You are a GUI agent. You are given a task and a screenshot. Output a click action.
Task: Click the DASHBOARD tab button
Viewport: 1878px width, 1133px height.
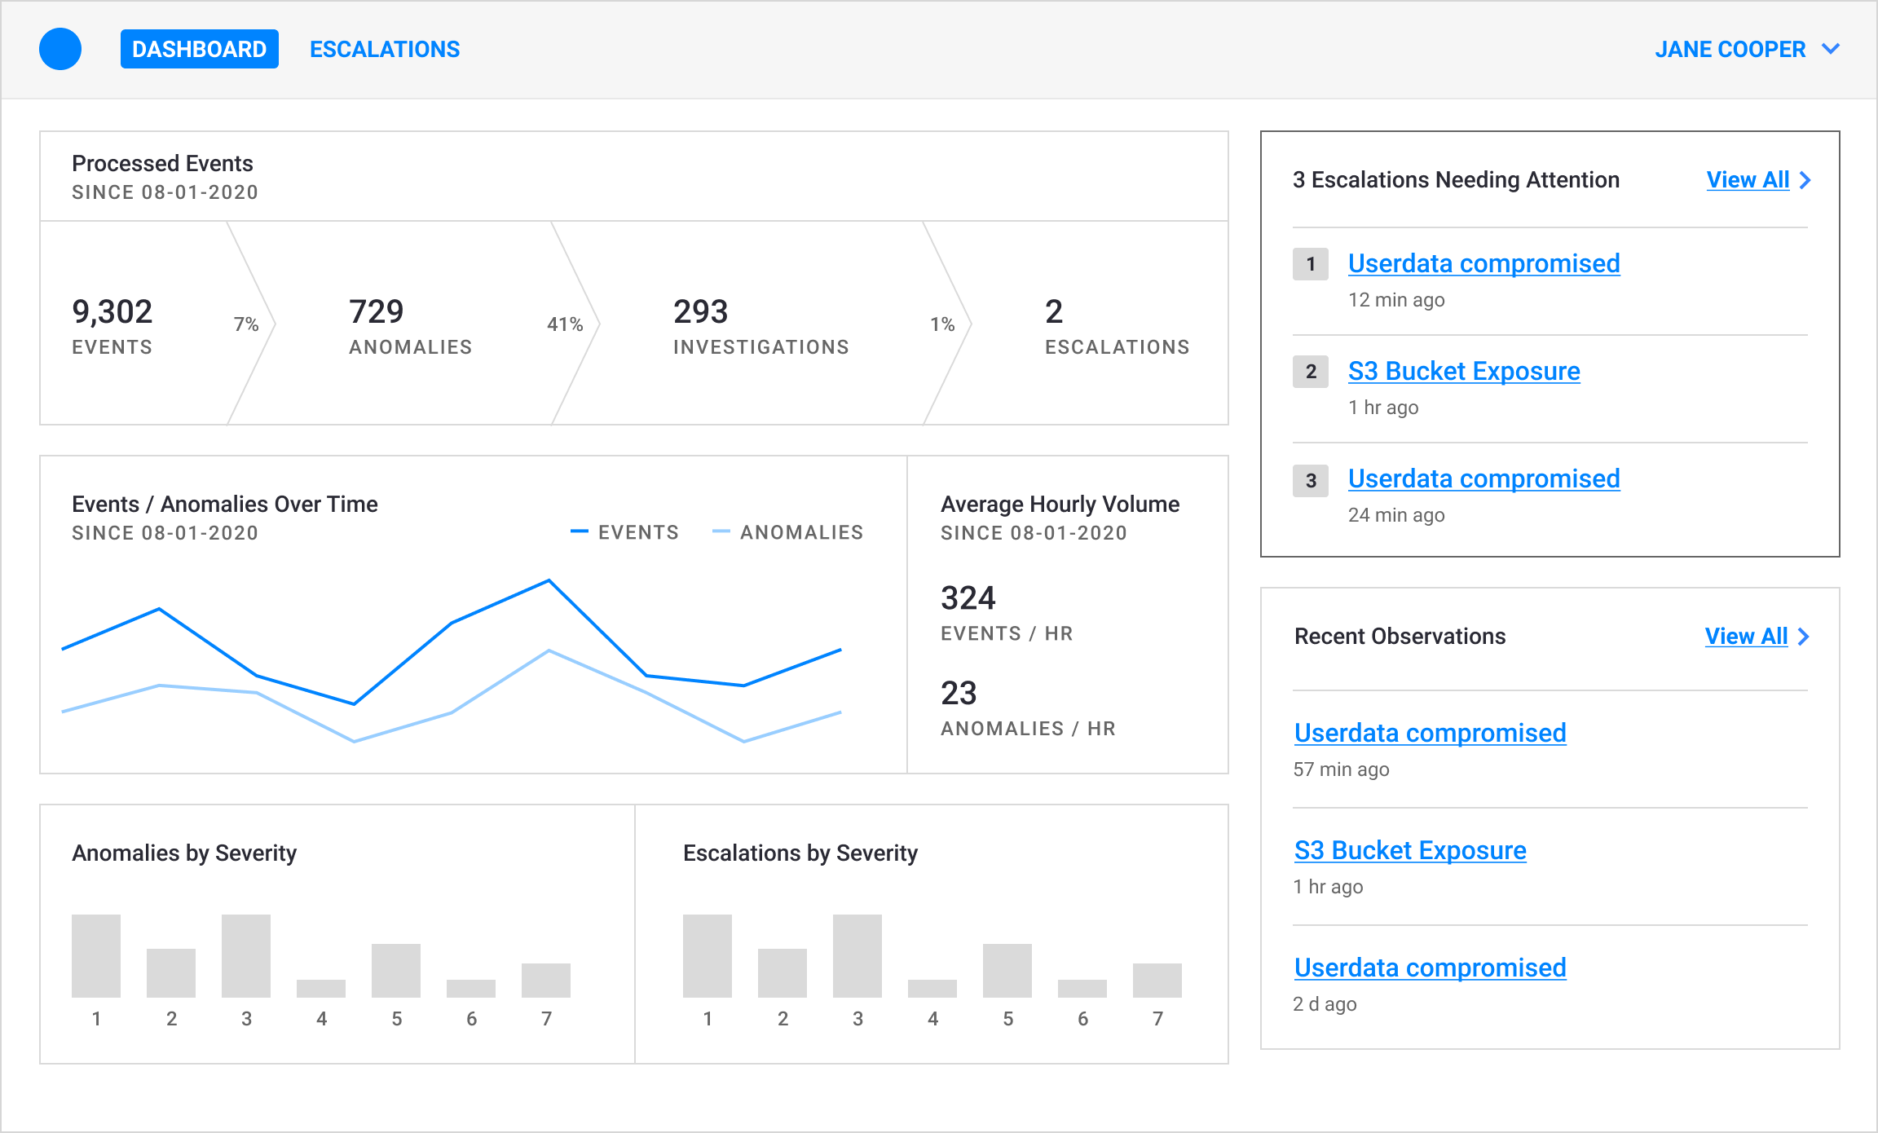199,49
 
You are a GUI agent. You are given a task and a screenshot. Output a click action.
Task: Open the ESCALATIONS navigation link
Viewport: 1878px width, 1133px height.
385,49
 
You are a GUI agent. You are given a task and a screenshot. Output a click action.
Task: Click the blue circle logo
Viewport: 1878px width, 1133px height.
60,49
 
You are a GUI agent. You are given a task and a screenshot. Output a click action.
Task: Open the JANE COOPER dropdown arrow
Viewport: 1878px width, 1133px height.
1831,49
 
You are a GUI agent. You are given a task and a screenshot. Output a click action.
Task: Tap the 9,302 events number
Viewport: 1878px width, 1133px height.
112,311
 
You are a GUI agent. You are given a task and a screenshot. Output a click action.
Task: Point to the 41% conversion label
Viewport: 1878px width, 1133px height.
565,324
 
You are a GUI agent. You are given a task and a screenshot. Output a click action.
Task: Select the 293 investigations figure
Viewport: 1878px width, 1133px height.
701,311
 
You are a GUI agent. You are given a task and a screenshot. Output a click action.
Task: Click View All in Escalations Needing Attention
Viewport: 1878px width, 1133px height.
1748,179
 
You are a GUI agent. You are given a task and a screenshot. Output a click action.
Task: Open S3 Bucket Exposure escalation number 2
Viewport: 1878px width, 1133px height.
1464,372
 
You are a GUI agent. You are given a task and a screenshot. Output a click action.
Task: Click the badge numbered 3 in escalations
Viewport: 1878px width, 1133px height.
1311,481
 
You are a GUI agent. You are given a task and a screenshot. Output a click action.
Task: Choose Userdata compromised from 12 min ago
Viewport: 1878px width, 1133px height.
1483,264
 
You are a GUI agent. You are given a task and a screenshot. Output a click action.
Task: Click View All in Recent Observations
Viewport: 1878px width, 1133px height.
1746,636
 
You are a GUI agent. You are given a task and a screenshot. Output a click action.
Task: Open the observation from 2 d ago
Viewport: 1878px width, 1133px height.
1430,968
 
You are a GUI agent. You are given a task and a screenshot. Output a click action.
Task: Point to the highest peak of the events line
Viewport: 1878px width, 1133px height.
549,581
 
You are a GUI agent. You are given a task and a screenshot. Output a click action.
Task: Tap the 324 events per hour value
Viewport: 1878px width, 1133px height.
968,598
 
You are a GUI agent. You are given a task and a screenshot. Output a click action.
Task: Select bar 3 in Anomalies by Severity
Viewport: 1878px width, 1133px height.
246,955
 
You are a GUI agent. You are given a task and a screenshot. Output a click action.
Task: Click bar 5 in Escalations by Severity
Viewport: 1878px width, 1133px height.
1007,970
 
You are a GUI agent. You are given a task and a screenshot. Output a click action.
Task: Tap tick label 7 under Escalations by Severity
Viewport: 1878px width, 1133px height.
1157,1019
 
